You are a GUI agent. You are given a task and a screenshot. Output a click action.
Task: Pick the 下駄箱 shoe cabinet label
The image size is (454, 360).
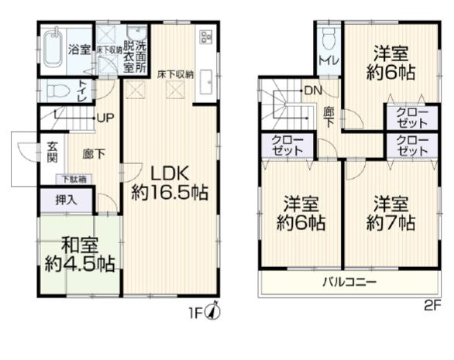(x=75, y=180)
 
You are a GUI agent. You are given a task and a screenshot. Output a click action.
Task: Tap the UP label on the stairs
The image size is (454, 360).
(x=105, y=118)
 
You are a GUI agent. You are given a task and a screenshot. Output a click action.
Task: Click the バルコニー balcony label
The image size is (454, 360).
(x=349, y=281)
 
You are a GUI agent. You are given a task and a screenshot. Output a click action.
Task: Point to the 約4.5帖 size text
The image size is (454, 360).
(x=81, y=264)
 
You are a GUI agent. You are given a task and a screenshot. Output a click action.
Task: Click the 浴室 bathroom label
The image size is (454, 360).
(x=78, y=50)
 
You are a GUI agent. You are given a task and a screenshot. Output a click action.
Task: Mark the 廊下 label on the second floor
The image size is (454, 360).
(x=329, y=117)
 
